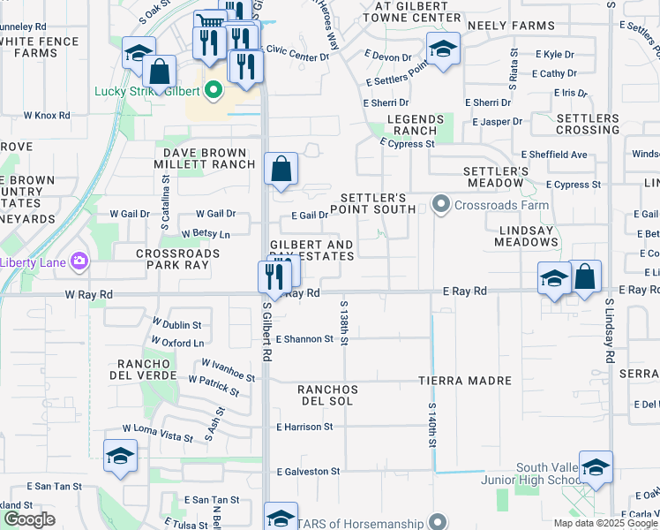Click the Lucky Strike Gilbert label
(x=146, y=91)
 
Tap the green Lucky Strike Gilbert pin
(x=214, y=90)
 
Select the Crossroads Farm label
(x=501, y=205)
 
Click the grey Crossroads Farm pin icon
(x=441, y=205)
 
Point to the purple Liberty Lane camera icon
(x=80, y=261)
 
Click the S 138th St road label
(x=344, y=322)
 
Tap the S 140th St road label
(x=432, y=428)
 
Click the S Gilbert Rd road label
(x=266, y=331)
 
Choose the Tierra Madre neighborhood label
(x=465, y=381)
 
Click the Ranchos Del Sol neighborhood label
(x=327, y=395)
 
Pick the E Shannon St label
(x=304, y=338)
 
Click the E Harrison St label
(x=304, y=427)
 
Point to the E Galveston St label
(x=308, y=472)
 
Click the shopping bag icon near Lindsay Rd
(x=585, y=276)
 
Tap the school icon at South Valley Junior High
(x=596, y=467)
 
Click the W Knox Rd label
(x=46, y=115)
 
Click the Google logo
(x=29, y=519)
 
